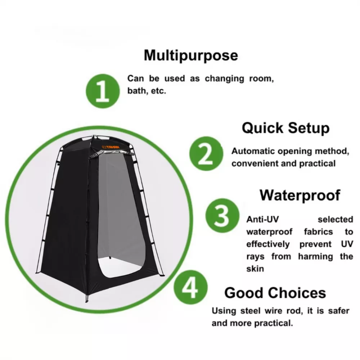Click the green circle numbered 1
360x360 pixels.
pos(102,91)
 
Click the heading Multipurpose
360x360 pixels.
pos(191,55)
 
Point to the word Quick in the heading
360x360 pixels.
pos(262,128)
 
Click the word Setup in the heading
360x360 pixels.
pos(309,128)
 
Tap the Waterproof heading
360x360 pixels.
pos(300,195)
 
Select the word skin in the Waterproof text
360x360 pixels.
pos(255,269)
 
